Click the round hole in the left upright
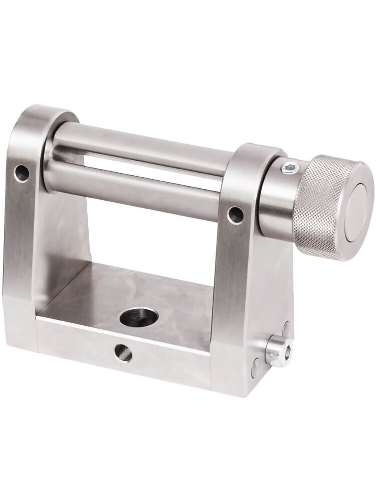22,173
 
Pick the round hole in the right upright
235,215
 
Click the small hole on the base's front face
123,353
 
